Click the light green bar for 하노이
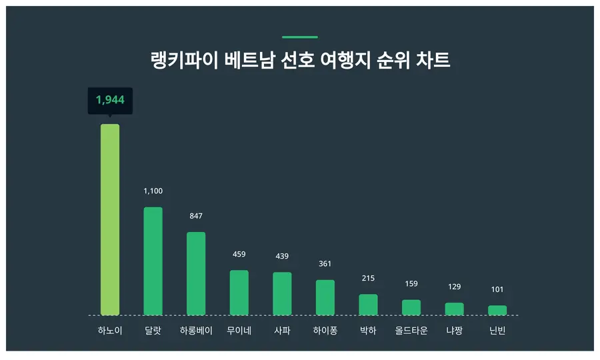110,219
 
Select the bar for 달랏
153,261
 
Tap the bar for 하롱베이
196,273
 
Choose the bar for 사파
282,293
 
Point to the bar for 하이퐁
325,297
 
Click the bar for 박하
368,305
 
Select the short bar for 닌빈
497,310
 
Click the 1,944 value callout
110,100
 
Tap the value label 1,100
153,191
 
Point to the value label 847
196,216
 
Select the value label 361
325,264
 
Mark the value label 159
411,284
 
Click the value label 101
497,289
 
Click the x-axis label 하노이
110,330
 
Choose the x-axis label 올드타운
411,330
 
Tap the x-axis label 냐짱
454,330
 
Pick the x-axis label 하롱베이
196,330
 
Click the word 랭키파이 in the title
177,61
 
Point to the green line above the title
299,37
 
